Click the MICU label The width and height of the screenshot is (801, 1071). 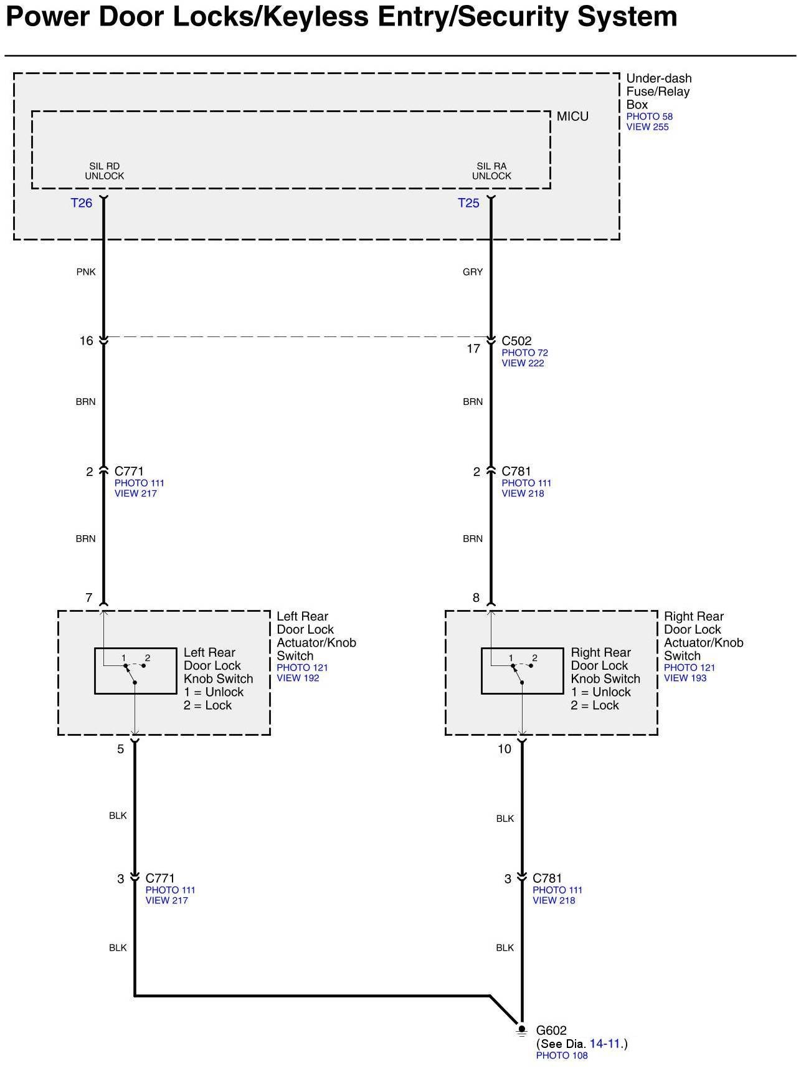[x=572, y=117]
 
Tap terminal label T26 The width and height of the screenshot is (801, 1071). [x=82, y=203]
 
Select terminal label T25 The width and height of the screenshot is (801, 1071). [x=468, y=203]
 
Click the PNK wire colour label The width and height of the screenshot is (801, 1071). [x=86, y=272]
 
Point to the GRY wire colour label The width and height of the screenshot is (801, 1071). [x=473, y=272]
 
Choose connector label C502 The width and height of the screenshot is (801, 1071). [x=516, y=341]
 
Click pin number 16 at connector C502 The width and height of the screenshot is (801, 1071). [x=86, y=341]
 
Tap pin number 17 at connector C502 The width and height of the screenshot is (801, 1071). [x=473, y=349]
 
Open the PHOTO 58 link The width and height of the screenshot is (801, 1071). [x=649, y=117]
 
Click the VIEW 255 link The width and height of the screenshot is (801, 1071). [x=647, y=127]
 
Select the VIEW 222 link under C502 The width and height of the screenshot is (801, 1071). [x=523, y=363]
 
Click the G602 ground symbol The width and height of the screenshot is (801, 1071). [x=522, y=1031]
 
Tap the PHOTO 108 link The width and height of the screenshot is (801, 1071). [x=562, y=1055]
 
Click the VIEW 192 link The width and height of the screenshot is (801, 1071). [x=298, y=678]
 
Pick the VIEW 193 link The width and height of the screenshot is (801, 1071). [x=685, y=678]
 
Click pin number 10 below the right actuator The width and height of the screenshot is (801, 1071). [x=504, y=750]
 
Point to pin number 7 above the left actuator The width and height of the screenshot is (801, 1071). [x=89, y=598]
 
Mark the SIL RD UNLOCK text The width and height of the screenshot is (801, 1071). [x=105, y=171]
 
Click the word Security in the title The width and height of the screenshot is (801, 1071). [x=513, y=17]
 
